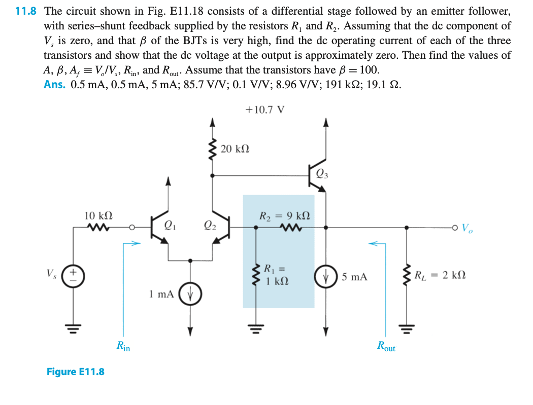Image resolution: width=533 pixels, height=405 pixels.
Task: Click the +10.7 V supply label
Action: (264, 109)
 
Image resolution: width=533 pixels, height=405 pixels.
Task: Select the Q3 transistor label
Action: (322, 175)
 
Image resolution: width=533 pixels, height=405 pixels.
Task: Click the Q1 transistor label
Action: (170, 226)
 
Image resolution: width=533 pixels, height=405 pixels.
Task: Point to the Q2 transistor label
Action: (209, 226)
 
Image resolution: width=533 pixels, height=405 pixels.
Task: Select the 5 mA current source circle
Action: (326, 277)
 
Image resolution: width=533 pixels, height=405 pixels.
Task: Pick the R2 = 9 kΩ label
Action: (285, 215)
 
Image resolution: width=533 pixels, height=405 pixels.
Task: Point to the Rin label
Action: (123, 347)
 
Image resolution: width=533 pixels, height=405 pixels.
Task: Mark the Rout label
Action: (386, 347)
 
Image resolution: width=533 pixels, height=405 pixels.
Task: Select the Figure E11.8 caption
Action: (75, 372)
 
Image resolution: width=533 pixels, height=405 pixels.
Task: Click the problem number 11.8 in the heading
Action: (26, 11)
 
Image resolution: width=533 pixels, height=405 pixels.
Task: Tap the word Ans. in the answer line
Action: (54, 85)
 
